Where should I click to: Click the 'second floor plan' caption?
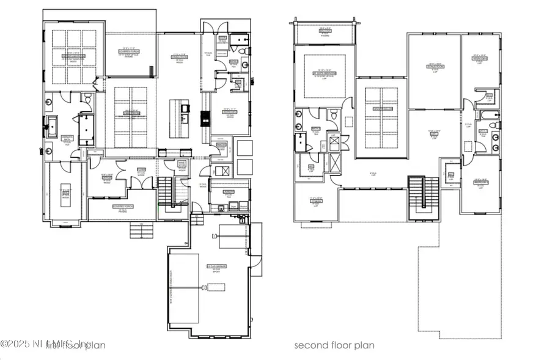click(x=334, y=345)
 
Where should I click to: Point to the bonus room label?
click(x=435, y=65)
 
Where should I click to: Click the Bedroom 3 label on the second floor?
click(x=480, y=181)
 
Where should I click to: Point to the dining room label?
click(x=131, y=112)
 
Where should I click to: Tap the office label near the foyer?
click(x=106, y=178)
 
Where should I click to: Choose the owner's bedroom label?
click(x=73, y=56)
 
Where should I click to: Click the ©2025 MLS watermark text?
click(x=44, y=345)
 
